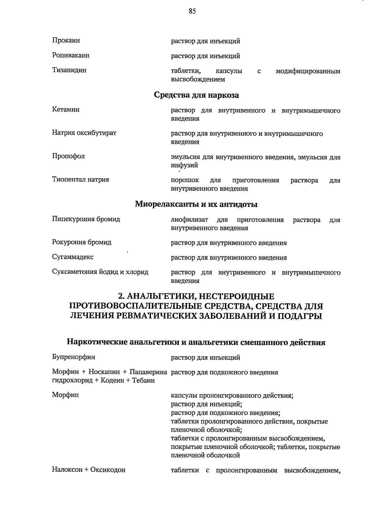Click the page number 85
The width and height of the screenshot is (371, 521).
tap(192, 11)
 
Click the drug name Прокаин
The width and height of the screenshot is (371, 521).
tap(66, 40)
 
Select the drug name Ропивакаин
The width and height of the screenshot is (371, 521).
tap(71, 55)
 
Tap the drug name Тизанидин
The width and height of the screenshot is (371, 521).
tap(69, 70)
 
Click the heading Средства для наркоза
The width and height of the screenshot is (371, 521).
tap(196, 95)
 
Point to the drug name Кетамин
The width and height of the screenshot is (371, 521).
tap(66, 110)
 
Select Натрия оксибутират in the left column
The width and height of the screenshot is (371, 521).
tap(84, 133)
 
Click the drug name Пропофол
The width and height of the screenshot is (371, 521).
tap(68, 156)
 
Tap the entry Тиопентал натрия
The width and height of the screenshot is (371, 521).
tap(80, 180)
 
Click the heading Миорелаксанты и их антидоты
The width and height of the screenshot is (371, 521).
tap(196, 204)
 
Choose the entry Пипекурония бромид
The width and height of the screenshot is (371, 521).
tap(86, 219)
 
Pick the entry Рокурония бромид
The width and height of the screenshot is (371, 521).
tap(82, 242)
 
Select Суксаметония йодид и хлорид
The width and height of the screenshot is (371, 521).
tap(100, 272)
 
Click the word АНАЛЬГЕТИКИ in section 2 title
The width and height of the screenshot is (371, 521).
tap(160, 297)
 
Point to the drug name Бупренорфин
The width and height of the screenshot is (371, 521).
tap(74, 357)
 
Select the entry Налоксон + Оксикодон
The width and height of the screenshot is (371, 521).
tap(89, 470)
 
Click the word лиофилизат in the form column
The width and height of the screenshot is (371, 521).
tap(189, 220)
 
